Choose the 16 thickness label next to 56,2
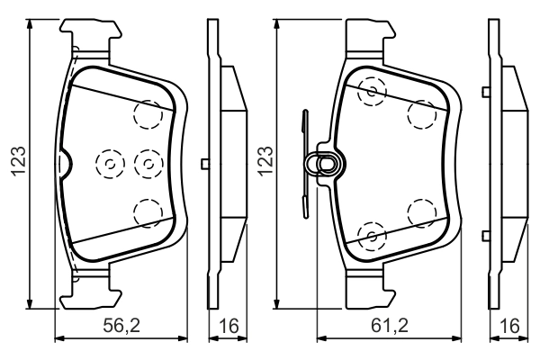pos(229,327)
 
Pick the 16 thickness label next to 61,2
pos(511,327)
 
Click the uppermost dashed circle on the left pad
pos(148,113)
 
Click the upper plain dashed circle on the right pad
pos(421,113)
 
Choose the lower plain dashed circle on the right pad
pos(421,212)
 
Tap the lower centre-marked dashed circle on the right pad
pos(371,236)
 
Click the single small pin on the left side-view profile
pos(206,163)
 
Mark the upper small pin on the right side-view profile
pos(485,91)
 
